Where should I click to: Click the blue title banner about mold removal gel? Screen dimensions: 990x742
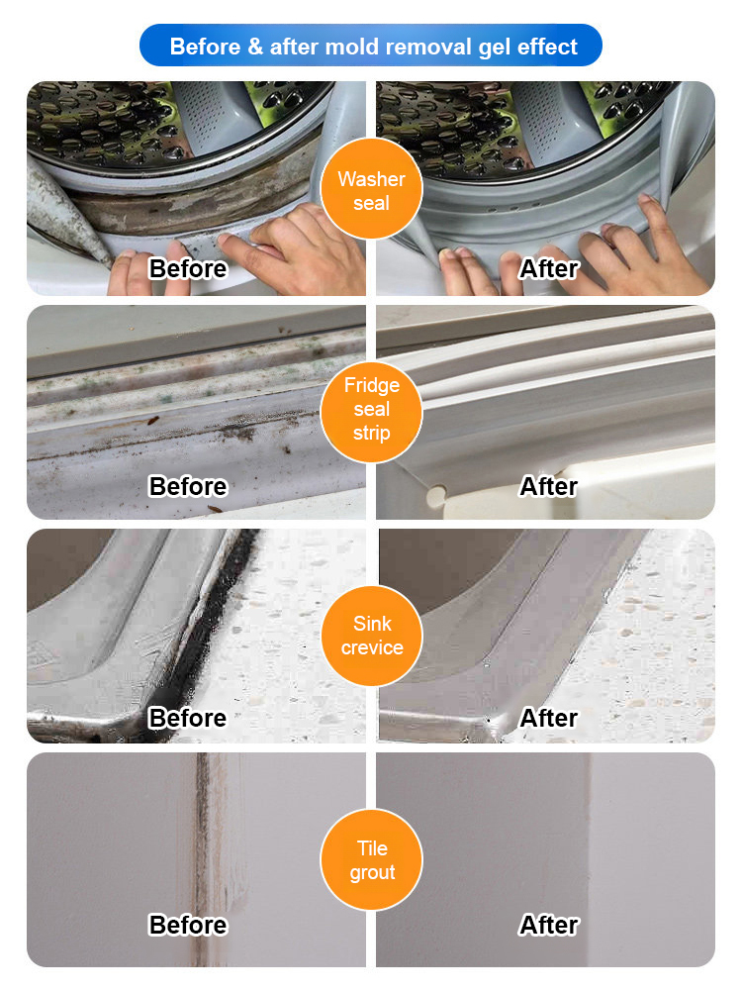[x=371, y=47]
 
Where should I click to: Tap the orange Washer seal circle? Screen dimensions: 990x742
[x=371, y=191]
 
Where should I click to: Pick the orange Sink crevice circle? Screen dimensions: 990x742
[x=371, y=636]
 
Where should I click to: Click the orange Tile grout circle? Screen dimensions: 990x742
[x=371, y=859]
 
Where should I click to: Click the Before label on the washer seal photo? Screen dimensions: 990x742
[x=188, y=268]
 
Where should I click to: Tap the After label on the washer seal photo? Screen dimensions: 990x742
[x=548, y=268]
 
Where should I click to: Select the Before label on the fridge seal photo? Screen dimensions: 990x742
[x=188, y=486]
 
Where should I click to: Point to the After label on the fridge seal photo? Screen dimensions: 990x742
[x=548, y=486]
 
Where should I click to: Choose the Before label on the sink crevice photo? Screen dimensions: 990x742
[x=188, y=717]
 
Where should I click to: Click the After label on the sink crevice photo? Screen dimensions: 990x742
[x=548, y=717]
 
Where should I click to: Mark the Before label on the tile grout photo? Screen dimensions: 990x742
[x=188, y=925]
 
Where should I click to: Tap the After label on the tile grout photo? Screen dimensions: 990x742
[x=548, y=925]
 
